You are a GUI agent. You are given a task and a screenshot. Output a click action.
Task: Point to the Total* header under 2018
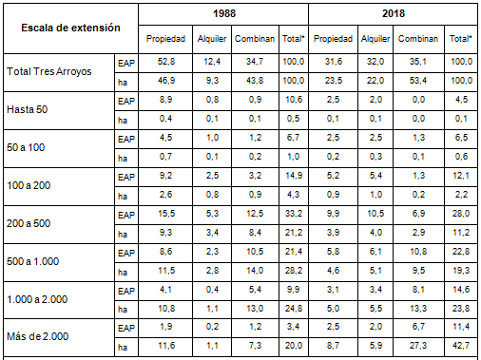pos(460,40)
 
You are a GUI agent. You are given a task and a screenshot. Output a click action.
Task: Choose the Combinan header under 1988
pos(251,40)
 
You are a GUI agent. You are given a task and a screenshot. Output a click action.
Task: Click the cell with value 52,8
pos(165,62)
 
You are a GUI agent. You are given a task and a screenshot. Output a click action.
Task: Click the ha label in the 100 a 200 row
pos(122,194)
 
